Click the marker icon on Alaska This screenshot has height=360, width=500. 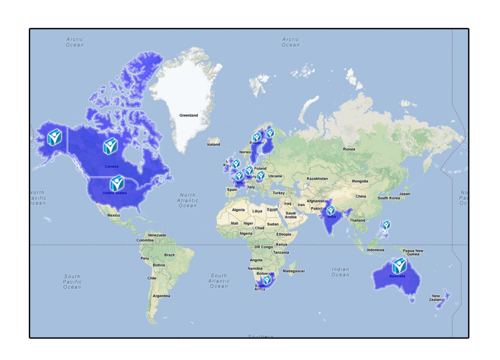tap(54, 137)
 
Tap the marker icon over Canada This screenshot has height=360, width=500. tap(110, 146)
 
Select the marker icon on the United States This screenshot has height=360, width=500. tap(117, 183)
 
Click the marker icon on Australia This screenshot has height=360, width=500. tap(399, 266)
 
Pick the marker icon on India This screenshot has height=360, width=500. tap(331, 211)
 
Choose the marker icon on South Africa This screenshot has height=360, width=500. tap(267, 280)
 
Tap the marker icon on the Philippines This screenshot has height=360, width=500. tap(386, 225)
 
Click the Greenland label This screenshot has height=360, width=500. tap(188, 115)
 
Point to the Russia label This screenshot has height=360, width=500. tap(349, 149)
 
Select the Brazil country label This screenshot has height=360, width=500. tap(169, 255)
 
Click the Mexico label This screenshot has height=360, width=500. tap(113, 215)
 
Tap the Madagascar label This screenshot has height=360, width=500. tap(294, 271)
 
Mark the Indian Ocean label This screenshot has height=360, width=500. tap(340, 272)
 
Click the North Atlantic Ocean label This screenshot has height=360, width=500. tap(187, 200)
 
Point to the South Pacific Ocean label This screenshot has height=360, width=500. tap(72, 281)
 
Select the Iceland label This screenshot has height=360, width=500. tap(213, 145)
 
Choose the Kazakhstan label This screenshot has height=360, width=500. tap(317, 179)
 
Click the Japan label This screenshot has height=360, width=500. tap(404, 194)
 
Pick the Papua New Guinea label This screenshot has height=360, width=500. tap(413, 252)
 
